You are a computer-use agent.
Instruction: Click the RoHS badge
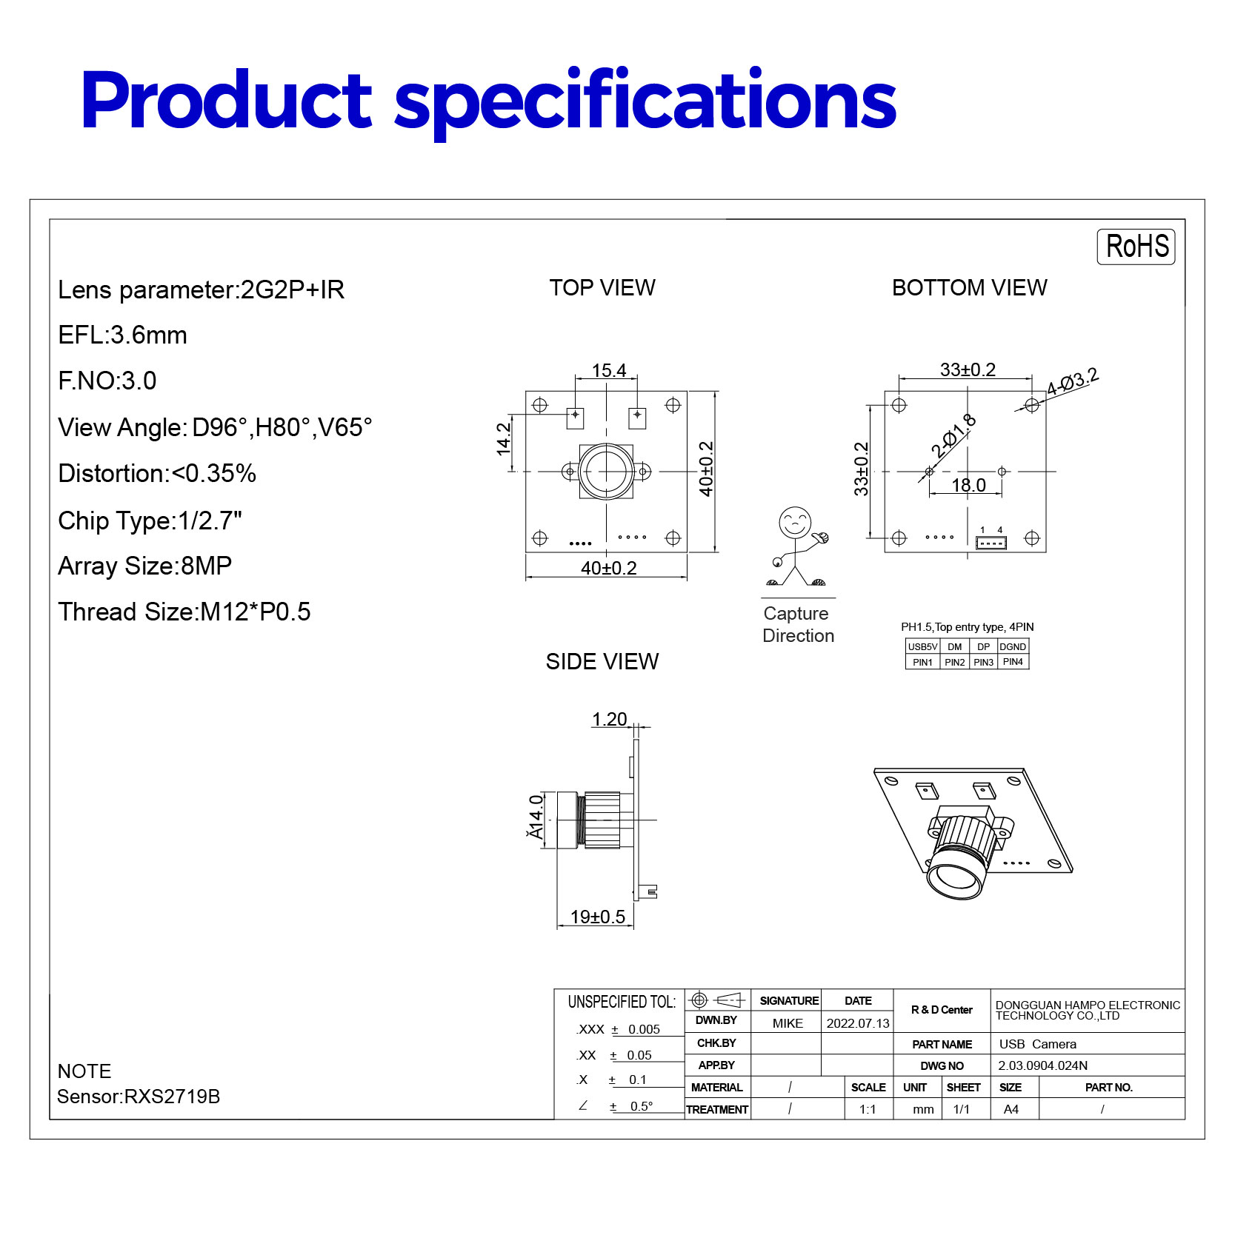[1136, 247]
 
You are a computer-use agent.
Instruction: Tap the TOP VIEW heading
[602, 288]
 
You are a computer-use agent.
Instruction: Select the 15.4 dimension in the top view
[609, 370]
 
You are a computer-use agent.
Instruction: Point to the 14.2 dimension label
[505, 438]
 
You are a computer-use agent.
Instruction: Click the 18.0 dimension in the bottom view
[968, 486]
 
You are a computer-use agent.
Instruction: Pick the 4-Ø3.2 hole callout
[1072, 382]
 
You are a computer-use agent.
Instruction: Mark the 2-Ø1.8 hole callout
[953, 437]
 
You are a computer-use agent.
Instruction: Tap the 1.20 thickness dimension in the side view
[609, 720]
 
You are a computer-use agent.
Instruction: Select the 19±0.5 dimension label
[597, 917]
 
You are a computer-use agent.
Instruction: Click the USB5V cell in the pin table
[922, 647]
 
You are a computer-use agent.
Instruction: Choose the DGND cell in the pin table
[1013, 647]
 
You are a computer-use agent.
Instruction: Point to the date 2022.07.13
[858, 1024]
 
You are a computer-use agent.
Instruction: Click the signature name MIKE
[788, 1024]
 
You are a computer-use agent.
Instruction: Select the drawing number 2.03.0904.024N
[1042, 1066]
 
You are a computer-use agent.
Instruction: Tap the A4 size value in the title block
[1011, 1110]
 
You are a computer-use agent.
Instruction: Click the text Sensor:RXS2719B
[139, 1097]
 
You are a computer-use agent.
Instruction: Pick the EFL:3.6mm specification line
[123, 335]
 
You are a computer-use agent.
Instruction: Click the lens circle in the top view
[607, 471]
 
